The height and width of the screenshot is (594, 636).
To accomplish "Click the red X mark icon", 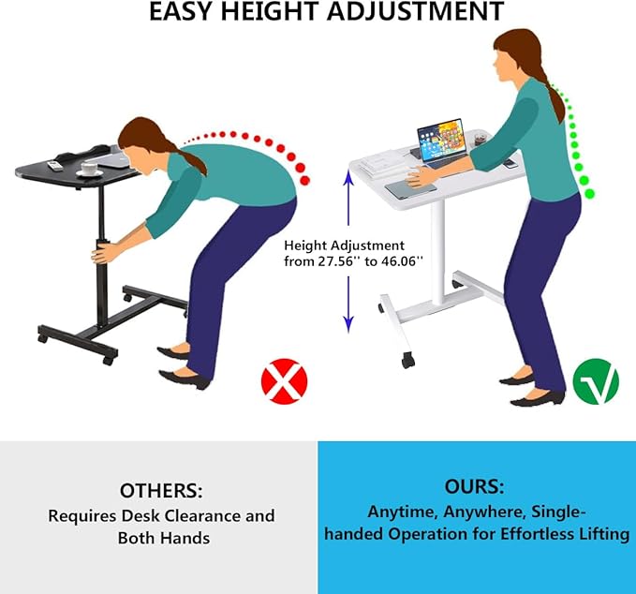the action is [285, 381].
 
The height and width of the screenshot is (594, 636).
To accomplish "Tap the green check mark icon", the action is [596, 381].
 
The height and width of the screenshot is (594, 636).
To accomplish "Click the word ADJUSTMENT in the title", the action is [415, 11].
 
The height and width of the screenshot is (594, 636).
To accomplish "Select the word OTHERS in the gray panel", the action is [161, 491].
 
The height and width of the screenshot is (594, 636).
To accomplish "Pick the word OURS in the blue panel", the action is [474, 486].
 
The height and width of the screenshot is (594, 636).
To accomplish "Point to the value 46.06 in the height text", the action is [399, 261].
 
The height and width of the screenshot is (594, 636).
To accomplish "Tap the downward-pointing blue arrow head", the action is [348, 324].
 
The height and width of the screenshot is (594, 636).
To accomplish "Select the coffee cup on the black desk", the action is [90, 169].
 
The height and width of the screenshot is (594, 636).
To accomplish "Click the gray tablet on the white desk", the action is [410, 188].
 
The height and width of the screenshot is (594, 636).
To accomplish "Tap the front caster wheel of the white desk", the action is [408, 360].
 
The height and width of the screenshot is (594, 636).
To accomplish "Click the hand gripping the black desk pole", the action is [102, 253].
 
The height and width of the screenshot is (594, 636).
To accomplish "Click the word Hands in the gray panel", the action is [185, 538].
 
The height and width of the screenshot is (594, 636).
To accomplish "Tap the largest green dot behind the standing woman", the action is [589, 194].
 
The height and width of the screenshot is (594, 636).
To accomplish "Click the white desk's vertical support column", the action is [437, 251].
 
